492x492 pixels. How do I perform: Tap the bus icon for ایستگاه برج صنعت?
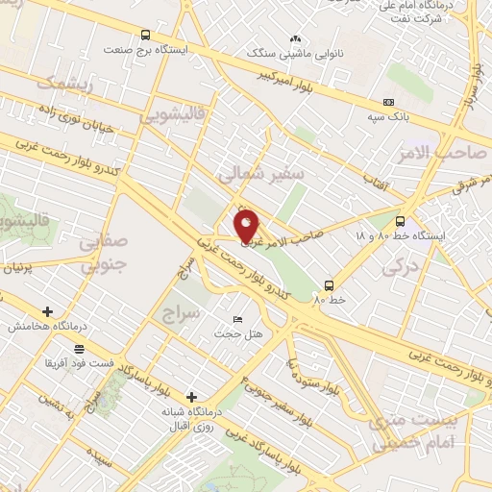pos(145,35)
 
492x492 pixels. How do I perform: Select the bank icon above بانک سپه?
pos(388,103)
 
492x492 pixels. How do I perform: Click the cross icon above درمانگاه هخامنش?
pos(47,311)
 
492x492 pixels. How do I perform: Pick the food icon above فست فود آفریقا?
pos(77,349)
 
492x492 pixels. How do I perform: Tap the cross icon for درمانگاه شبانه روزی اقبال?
pos(192,397)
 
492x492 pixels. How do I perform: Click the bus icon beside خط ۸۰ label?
pos(329,285)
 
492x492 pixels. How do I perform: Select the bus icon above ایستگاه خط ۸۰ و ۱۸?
pos(400,221)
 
